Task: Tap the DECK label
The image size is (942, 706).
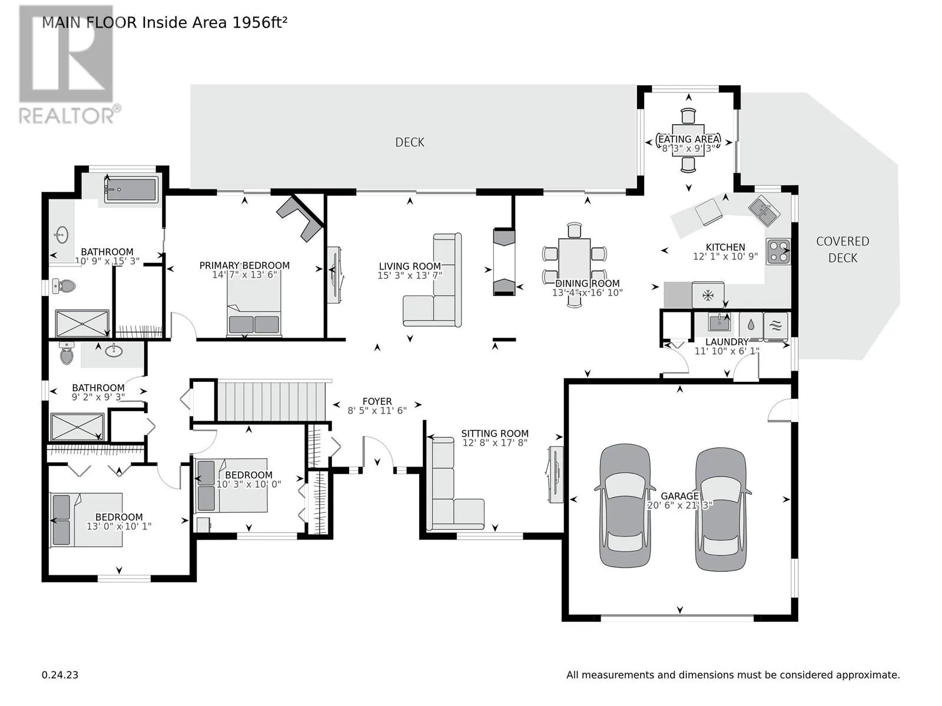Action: click(409, 142)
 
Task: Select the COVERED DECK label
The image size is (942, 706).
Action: click(843, 249)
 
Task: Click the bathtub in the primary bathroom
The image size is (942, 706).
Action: click(131, 190)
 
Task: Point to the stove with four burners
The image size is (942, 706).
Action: click(778, 251)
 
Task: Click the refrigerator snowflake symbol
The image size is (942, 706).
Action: click(707, 295)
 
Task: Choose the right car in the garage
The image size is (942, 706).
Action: click(721, 509)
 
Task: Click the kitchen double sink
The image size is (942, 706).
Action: click(764, 211)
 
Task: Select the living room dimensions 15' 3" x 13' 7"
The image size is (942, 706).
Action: click(409, 275)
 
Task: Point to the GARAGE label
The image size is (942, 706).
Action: click(680, 495)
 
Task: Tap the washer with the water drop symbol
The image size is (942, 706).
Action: click(751, 326)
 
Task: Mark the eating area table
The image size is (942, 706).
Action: click(688, 140)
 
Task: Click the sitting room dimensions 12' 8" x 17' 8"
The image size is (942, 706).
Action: click(495, 443)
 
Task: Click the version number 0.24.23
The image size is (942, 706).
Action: click(60, 675)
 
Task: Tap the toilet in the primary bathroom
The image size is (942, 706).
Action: click(64, 286)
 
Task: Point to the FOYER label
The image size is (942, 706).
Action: click(377, 401)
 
